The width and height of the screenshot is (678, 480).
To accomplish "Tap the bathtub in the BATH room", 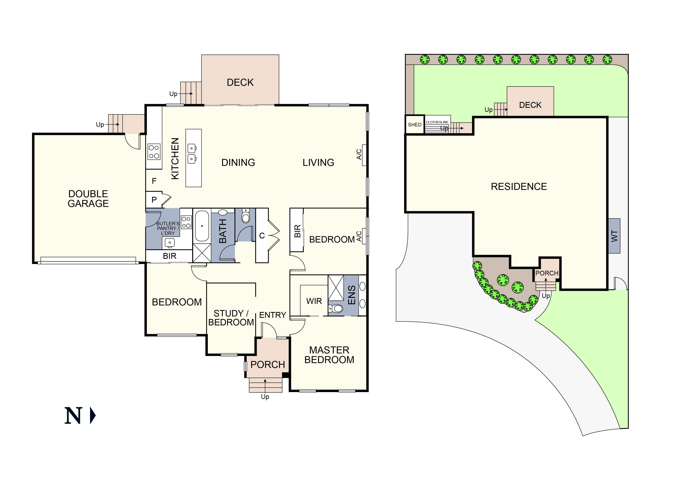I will click(202, 226).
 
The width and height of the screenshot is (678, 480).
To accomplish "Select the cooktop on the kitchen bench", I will click(154, 152).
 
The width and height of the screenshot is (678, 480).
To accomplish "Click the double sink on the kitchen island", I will click(192, 153).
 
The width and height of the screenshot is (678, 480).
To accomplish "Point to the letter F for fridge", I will click(154, 181).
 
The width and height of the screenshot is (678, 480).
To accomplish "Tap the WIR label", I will click(314, 301).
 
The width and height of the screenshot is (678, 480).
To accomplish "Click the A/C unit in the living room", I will click(364, 155).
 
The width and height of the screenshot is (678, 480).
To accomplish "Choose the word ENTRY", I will click(272, 315).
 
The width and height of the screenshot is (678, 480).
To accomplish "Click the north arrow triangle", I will click(92, 416).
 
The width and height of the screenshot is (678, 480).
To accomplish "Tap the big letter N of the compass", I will click(73, 416).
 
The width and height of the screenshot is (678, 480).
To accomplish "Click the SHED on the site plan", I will click(414, 124).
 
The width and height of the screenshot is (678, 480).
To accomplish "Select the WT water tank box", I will click(614, 236).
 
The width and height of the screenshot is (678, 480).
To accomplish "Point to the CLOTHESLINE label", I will click(437, 122).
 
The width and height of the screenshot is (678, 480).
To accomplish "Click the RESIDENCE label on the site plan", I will click(519, 187).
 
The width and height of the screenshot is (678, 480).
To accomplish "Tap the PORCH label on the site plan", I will click(547, 273).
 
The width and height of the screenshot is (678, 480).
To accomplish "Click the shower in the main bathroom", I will click(202, 253).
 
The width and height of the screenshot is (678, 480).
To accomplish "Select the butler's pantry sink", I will click(169, 243).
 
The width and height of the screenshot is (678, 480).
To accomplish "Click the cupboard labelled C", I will click(262, 236).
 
